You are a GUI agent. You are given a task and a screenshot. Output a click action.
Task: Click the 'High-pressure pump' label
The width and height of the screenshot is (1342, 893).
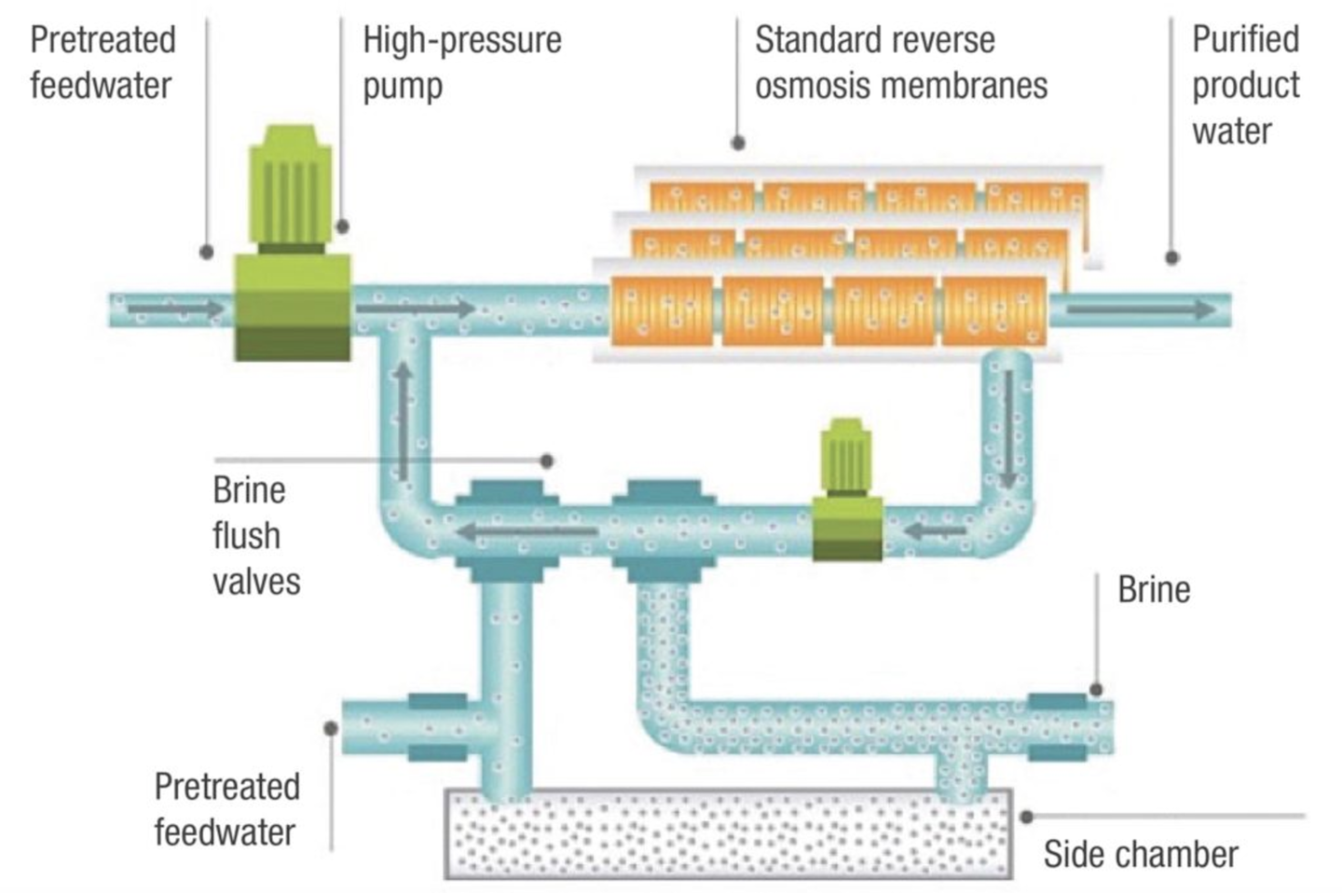(461, 62)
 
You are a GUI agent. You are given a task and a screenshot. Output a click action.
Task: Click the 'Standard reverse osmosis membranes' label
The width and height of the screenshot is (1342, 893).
(900, 62)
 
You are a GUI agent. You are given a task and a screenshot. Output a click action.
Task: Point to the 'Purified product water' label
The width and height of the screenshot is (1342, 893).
(1245, 85)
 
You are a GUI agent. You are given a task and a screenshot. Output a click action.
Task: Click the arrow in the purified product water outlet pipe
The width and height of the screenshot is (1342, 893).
(1141, 309)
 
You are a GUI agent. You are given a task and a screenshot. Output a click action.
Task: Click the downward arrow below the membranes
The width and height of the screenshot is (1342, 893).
(1008, 429)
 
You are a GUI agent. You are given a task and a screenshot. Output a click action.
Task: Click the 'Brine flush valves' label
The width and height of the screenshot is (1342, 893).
(255, 536)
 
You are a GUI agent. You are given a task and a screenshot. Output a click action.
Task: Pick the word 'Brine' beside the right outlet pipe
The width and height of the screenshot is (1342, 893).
(1154, 590)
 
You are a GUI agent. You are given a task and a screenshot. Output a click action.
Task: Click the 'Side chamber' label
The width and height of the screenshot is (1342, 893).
(1140, 854)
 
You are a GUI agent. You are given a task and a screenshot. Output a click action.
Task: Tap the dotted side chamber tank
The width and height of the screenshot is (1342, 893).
(727, 833)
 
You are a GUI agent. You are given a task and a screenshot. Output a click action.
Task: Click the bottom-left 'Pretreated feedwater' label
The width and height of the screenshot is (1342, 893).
(226, 809)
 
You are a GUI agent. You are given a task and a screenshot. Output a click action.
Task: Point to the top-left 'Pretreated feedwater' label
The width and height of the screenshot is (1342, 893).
(103, 62)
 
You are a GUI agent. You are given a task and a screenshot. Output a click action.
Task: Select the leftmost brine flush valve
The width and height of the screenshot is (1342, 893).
(506, 531)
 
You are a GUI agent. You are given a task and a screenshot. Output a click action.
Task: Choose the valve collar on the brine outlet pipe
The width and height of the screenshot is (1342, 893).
(1057, 725)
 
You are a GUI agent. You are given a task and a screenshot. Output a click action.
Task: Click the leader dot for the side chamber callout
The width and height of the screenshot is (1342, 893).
(1026, 817)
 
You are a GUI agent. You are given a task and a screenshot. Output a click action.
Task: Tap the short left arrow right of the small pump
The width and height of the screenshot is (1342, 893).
(937, 531)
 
